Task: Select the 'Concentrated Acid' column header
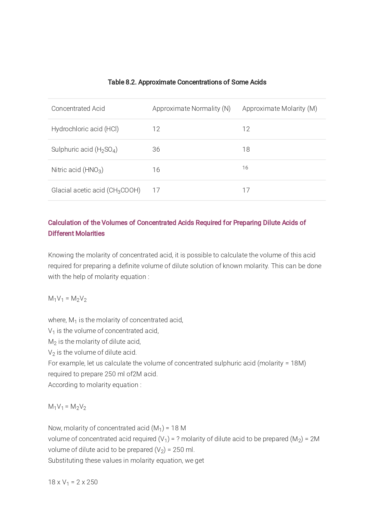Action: point(78,109)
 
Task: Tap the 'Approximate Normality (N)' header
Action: point(191,109)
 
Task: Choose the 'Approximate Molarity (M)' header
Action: point(280,109)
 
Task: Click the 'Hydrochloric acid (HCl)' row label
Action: point(85,129)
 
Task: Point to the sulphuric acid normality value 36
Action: point(156,150)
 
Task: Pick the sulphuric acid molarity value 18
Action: point(246,150)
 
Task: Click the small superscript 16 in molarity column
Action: point(245,168)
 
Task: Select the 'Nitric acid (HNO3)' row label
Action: point(77,170)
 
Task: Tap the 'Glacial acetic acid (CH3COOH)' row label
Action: point(96,190)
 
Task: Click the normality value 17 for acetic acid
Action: point(156,190)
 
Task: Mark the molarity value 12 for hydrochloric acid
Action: point(246,129)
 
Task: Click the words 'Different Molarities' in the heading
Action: point(76,234)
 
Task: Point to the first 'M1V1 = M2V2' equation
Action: point(67,299)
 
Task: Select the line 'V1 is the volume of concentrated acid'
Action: point(103,331)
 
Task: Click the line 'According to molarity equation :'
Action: point(95,385)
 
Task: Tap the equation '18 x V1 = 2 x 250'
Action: point(73,482)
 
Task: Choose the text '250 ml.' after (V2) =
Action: point(184,450)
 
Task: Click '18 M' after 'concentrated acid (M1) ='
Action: point(179,428)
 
